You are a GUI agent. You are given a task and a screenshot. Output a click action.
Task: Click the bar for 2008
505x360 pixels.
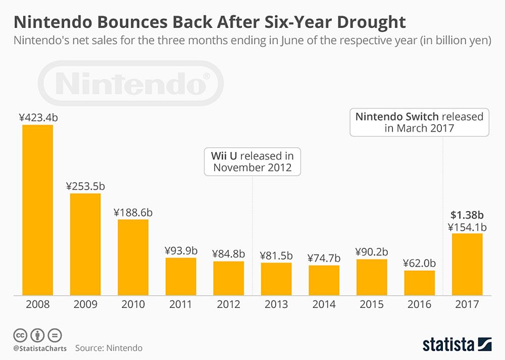pyautogui.click(x=37, y=210)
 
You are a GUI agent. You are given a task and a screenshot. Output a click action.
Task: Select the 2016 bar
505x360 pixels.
pyautogui.click(x=419, y=283)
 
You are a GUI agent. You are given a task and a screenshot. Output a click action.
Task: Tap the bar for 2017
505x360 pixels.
pyautogui.click(x=467, y=264)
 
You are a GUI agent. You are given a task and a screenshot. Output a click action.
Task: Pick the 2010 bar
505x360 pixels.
pyautogui.click(x=133, y=257)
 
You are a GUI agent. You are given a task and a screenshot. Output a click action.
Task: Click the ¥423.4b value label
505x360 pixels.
pyautogui.click(x=38, y=118)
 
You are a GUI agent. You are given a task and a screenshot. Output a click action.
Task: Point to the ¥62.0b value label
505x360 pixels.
pyautogui.click(x=419, y=263)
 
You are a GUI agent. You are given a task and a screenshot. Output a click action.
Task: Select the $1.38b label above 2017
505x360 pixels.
pyautogui.click(x=467, y=214)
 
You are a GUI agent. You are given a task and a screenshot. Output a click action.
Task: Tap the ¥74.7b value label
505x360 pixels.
pyautogui.click(x=324, y=258)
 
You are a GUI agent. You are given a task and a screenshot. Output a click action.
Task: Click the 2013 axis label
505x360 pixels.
pyautogui.click(x=276, y=304)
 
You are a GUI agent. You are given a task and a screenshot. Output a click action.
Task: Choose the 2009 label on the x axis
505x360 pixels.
pyautogui.click(x=85, y=304)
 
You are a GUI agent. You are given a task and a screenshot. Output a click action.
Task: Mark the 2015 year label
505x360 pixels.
pyautogui.click(x=372, y=304)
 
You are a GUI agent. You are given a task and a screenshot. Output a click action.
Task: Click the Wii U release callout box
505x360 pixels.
pyautogui.click(x=252, y=162)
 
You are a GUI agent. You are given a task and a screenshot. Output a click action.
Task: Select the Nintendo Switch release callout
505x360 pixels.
pyautogui.click(x=419, y=122)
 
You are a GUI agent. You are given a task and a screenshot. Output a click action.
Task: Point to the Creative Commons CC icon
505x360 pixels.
pyautogui.click(x=20, y=335)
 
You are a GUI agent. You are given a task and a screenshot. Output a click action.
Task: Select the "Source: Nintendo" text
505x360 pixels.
pyautogui.click(x=109, y=348)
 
